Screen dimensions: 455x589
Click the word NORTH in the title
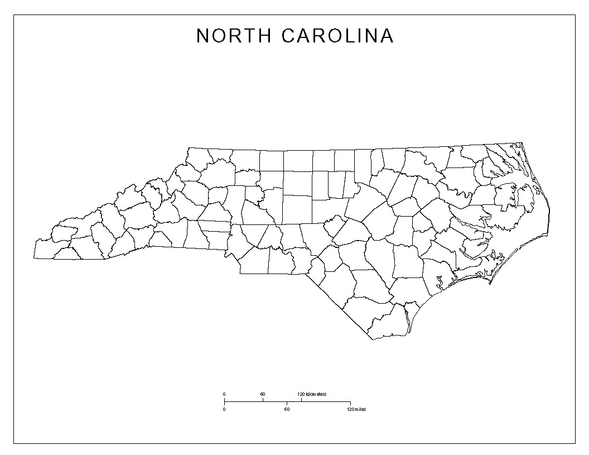click(233, 36)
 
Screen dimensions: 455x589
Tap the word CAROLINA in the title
click(338, 36)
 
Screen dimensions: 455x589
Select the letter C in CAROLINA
click(288, 36)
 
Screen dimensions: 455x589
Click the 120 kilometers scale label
click(312, 395)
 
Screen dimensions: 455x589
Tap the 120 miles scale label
click(356, 409)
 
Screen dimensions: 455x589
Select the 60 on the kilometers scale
click(263, 395)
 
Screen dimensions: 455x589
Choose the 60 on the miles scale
click(287, 409)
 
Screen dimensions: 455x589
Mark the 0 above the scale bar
click(224, 395)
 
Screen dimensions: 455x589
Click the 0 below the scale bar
click(224, 409)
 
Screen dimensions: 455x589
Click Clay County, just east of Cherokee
click(67, 253)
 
